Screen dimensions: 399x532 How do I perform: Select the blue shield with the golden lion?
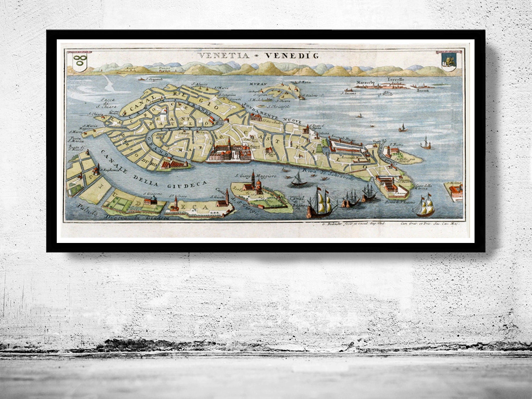point(448,62)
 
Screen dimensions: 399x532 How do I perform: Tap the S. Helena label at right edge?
point(456,183)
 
